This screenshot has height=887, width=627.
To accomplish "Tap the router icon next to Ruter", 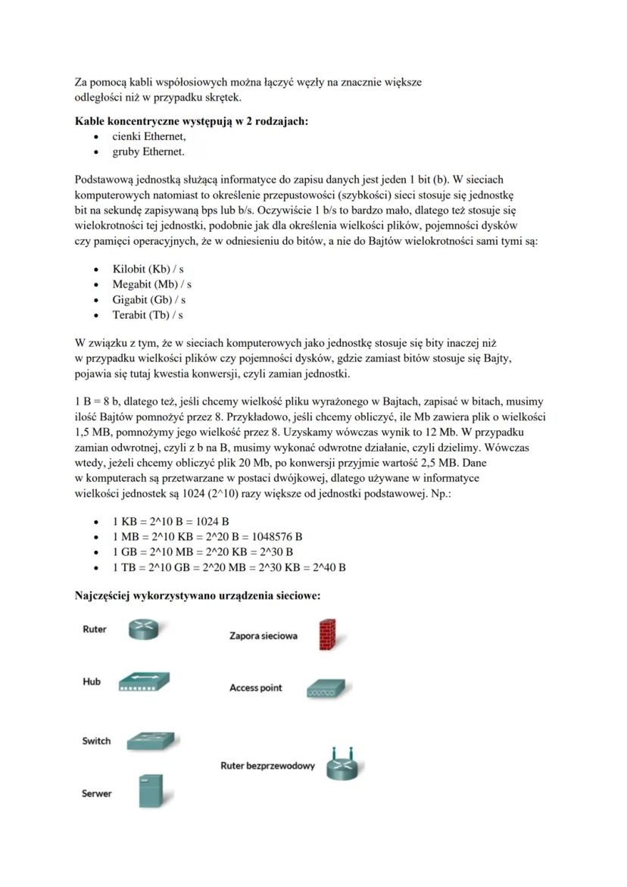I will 143,629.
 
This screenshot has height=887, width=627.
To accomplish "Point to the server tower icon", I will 151,792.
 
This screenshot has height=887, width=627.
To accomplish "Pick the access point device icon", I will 328,689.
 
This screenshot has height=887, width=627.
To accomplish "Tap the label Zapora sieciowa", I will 264,636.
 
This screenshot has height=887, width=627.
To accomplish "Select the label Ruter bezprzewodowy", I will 267,766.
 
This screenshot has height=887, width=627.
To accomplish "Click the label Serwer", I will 97,794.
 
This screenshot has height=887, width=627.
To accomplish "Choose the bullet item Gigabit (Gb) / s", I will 149,300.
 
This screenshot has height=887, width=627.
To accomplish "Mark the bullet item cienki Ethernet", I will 149,137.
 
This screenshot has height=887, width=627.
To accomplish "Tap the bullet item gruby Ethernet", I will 148,152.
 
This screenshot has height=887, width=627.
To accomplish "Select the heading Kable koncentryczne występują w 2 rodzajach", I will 192,121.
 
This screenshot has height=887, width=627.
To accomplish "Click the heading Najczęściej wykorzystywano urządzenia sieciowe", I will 198,596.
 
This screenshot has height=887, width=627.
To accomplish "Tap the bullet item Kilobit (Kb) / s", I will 148,269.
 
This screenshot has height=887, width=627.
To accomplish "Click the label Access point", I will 256,688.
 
